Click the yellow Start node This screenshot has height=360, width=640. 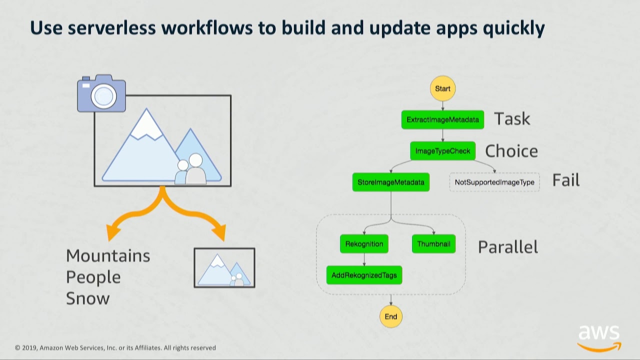(442, 88)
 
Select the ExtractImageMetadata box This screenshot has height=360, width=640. (442, 120)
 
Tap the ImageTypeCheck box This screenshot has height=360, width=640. (442, 151)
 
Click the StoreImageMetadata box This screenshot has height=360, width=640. (390, 182)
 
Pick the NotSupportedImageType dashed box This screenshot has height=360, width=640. (494, 182)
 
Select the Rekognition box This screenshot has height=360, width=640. (364, 244)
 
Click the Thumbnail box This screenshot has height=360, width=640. (433, 244)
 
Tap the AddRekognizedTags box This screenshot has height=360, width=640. (364, 275)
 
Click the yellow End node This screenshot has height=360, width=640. (390, 316)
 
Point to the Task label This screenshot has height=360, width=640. (512, 119)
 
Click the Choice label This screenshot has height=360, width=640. (511, 151)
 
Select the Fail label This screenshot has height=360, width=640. (565, 180)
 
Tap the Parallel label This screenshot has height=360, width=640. (507, 247)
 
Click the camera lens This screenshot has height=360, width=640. (103, 95)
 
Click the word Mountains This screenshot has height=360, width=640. (108, 256)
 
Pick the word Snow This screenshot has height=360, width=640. (87, 298)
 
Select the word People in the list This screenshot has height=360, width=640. (93, 277)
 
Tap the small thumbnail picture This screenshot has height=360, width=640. (224, 268)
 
